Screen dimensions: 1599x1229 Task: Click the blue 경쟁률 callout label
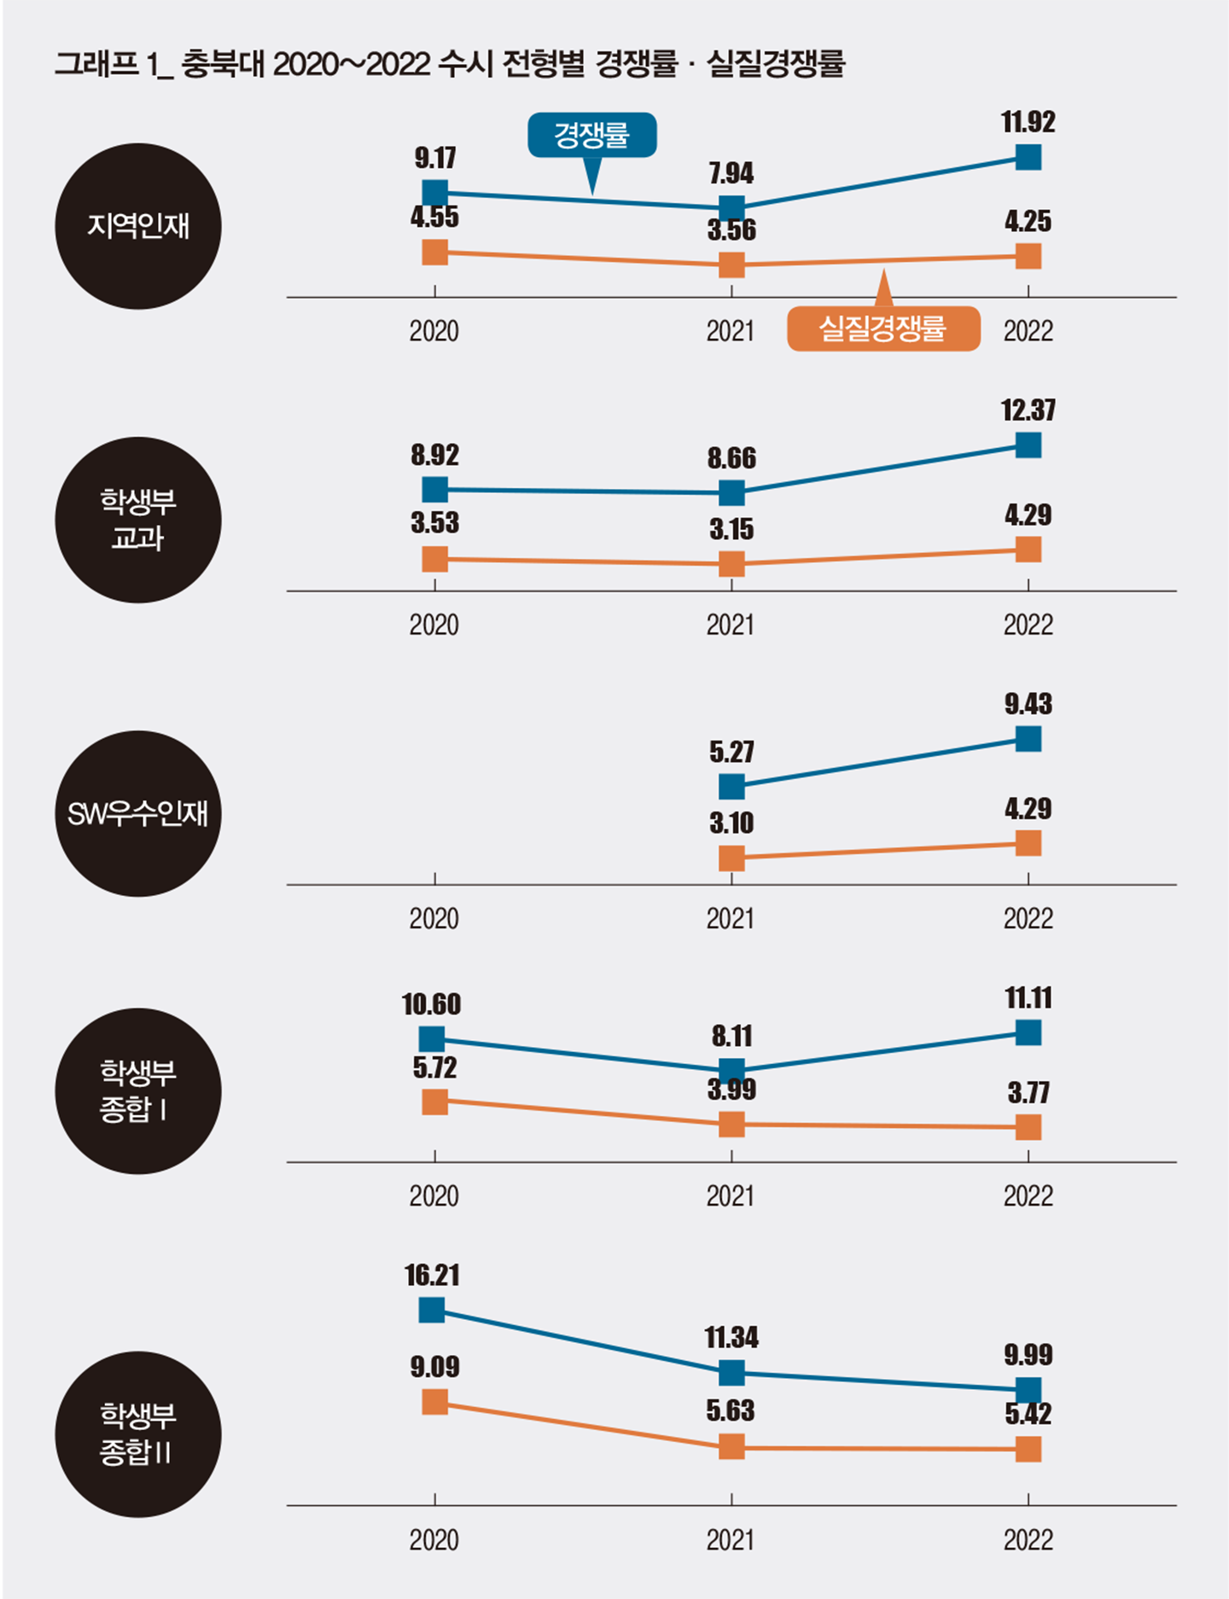(x=591, y=135)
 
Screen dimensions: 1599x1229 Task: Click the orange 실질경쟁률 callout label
(x=882, y=329)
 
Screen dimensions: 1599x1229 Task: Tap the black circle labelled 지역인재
(x=138, y=226)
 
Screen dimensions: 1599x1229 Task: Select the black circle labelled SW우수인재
(x=138, y=813)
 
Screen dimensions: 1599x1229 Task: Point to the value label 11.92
(x=1028, y=122)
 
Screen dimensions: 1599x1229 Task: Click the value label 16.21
(x=432, y=1275)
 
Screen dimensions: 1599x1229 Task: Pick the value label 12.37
(x=1028, y=410)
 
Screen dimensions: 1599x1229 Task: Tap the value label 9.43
(x=1028, y=704)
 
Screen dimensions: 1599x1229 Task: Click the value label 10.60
(x=432, y=1004)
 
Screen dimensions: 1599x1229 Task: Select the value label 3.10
(x=731, y=823)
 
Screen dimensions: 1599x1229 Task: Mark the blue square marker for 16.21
(x=432, y=1310)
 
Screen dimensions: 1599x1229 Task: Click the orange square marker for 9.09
(x=434, y=1402)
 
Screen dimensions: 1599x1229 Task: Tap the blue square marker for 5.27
(x=731, y=786)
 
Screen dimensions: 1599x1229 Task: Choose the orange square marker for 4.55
(x=434, y=252)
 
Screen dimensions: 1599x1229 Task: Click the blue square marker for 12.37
(x=1028, y=445)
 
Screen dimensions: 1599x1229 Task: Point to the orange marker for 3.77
(x=1028, y=1127)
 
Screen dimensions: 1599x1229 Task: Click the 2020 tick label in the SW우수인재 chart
(x=434, y=919)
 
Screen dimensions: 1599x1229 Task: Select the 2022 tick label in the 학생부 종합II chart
(x=1028, y=1540)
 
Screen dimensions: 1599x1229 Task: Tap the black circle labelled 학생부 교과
(x=138, y=520)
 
